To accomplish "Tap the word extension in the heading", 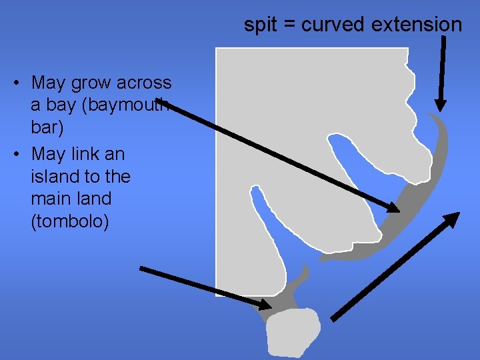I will [x=417, y=25].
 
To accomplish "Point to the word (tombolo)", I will [x=70, y=221].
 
